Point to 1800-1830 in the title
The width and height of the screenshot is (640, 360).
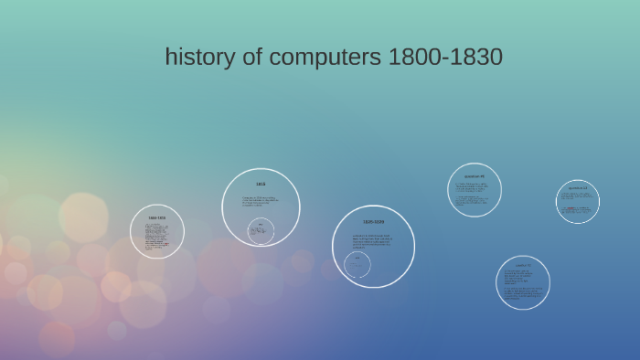click(x=445, y=57)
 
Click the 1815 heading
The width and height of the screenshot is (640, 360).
click(x=261, y=184)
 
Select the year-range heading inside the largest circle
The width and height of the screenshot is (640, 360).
click(x=373, y=222)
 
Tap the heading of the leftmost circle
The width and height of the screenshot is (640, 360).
click(x=157, y=217)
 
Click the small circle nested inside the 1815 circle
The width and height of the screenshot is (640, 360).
click(x=261, y=230)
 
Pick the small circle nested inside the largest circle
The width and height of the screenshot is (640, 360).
click(x=357, y=265)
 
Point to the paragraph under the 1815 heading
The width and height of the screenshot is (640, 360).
click(x=260, y=201)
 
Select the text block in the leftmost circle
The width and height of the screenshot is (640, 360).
click(x=156, y=236)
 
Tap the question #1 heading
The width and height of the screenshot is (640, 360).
click(x=475, y=175)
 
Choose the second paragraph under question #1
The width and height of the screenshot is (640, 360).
click(x=473, y=201)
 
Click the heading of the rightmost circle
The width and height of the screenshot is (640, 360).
click(x=578, y=188)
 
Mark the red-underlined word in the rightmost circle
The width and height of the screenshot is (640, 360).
click(x=570, y=208)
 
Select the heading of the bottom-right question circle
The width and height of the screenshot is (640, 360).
click(x=524, y=265)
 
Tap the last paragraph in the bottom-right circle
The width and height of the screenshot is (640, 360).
click(x=524, y=294)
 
